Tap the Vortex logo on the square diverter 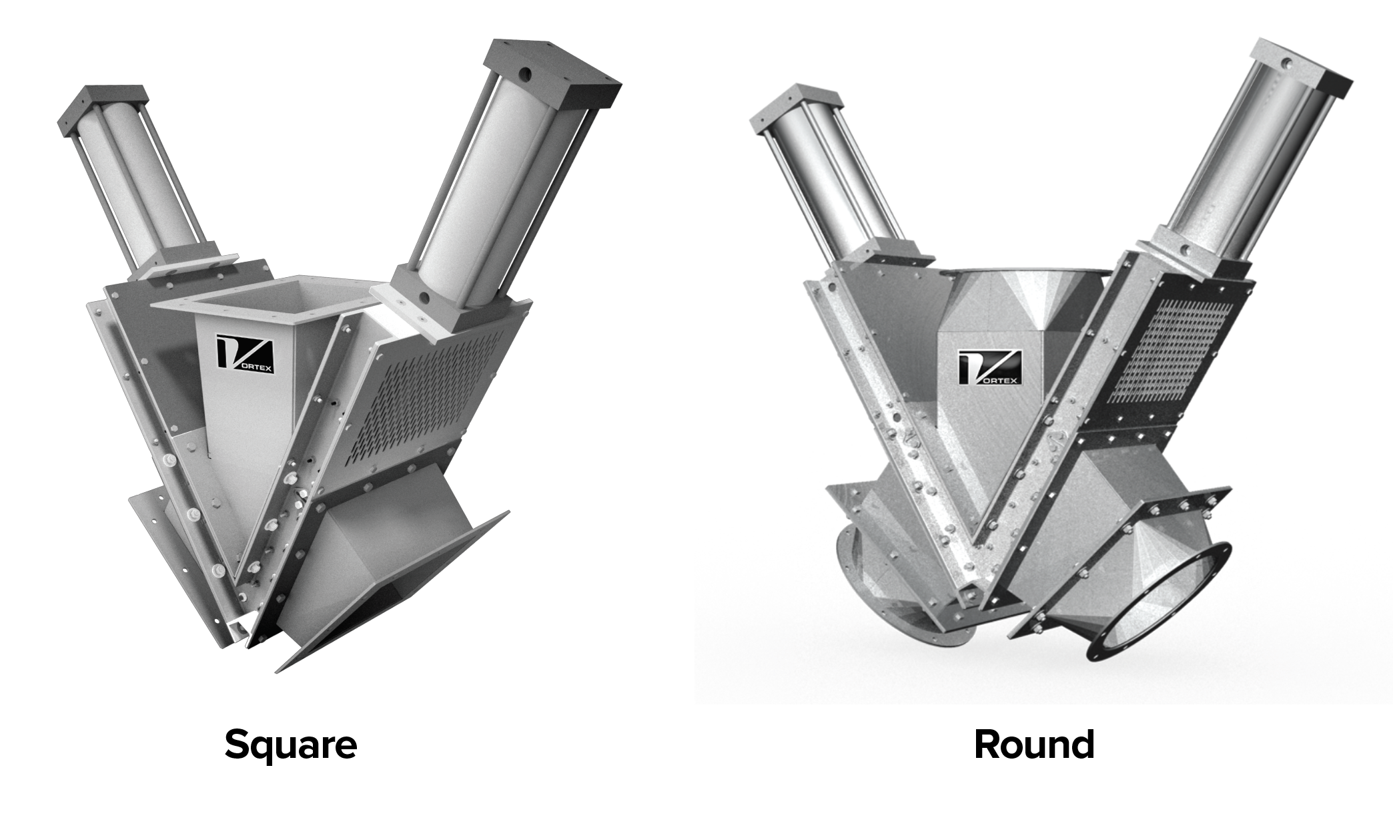click(x=245, y=358)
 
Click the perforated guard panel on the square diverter click(x=427, y=394)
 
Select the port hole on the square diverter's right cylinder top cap click(x=527, y=72)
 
